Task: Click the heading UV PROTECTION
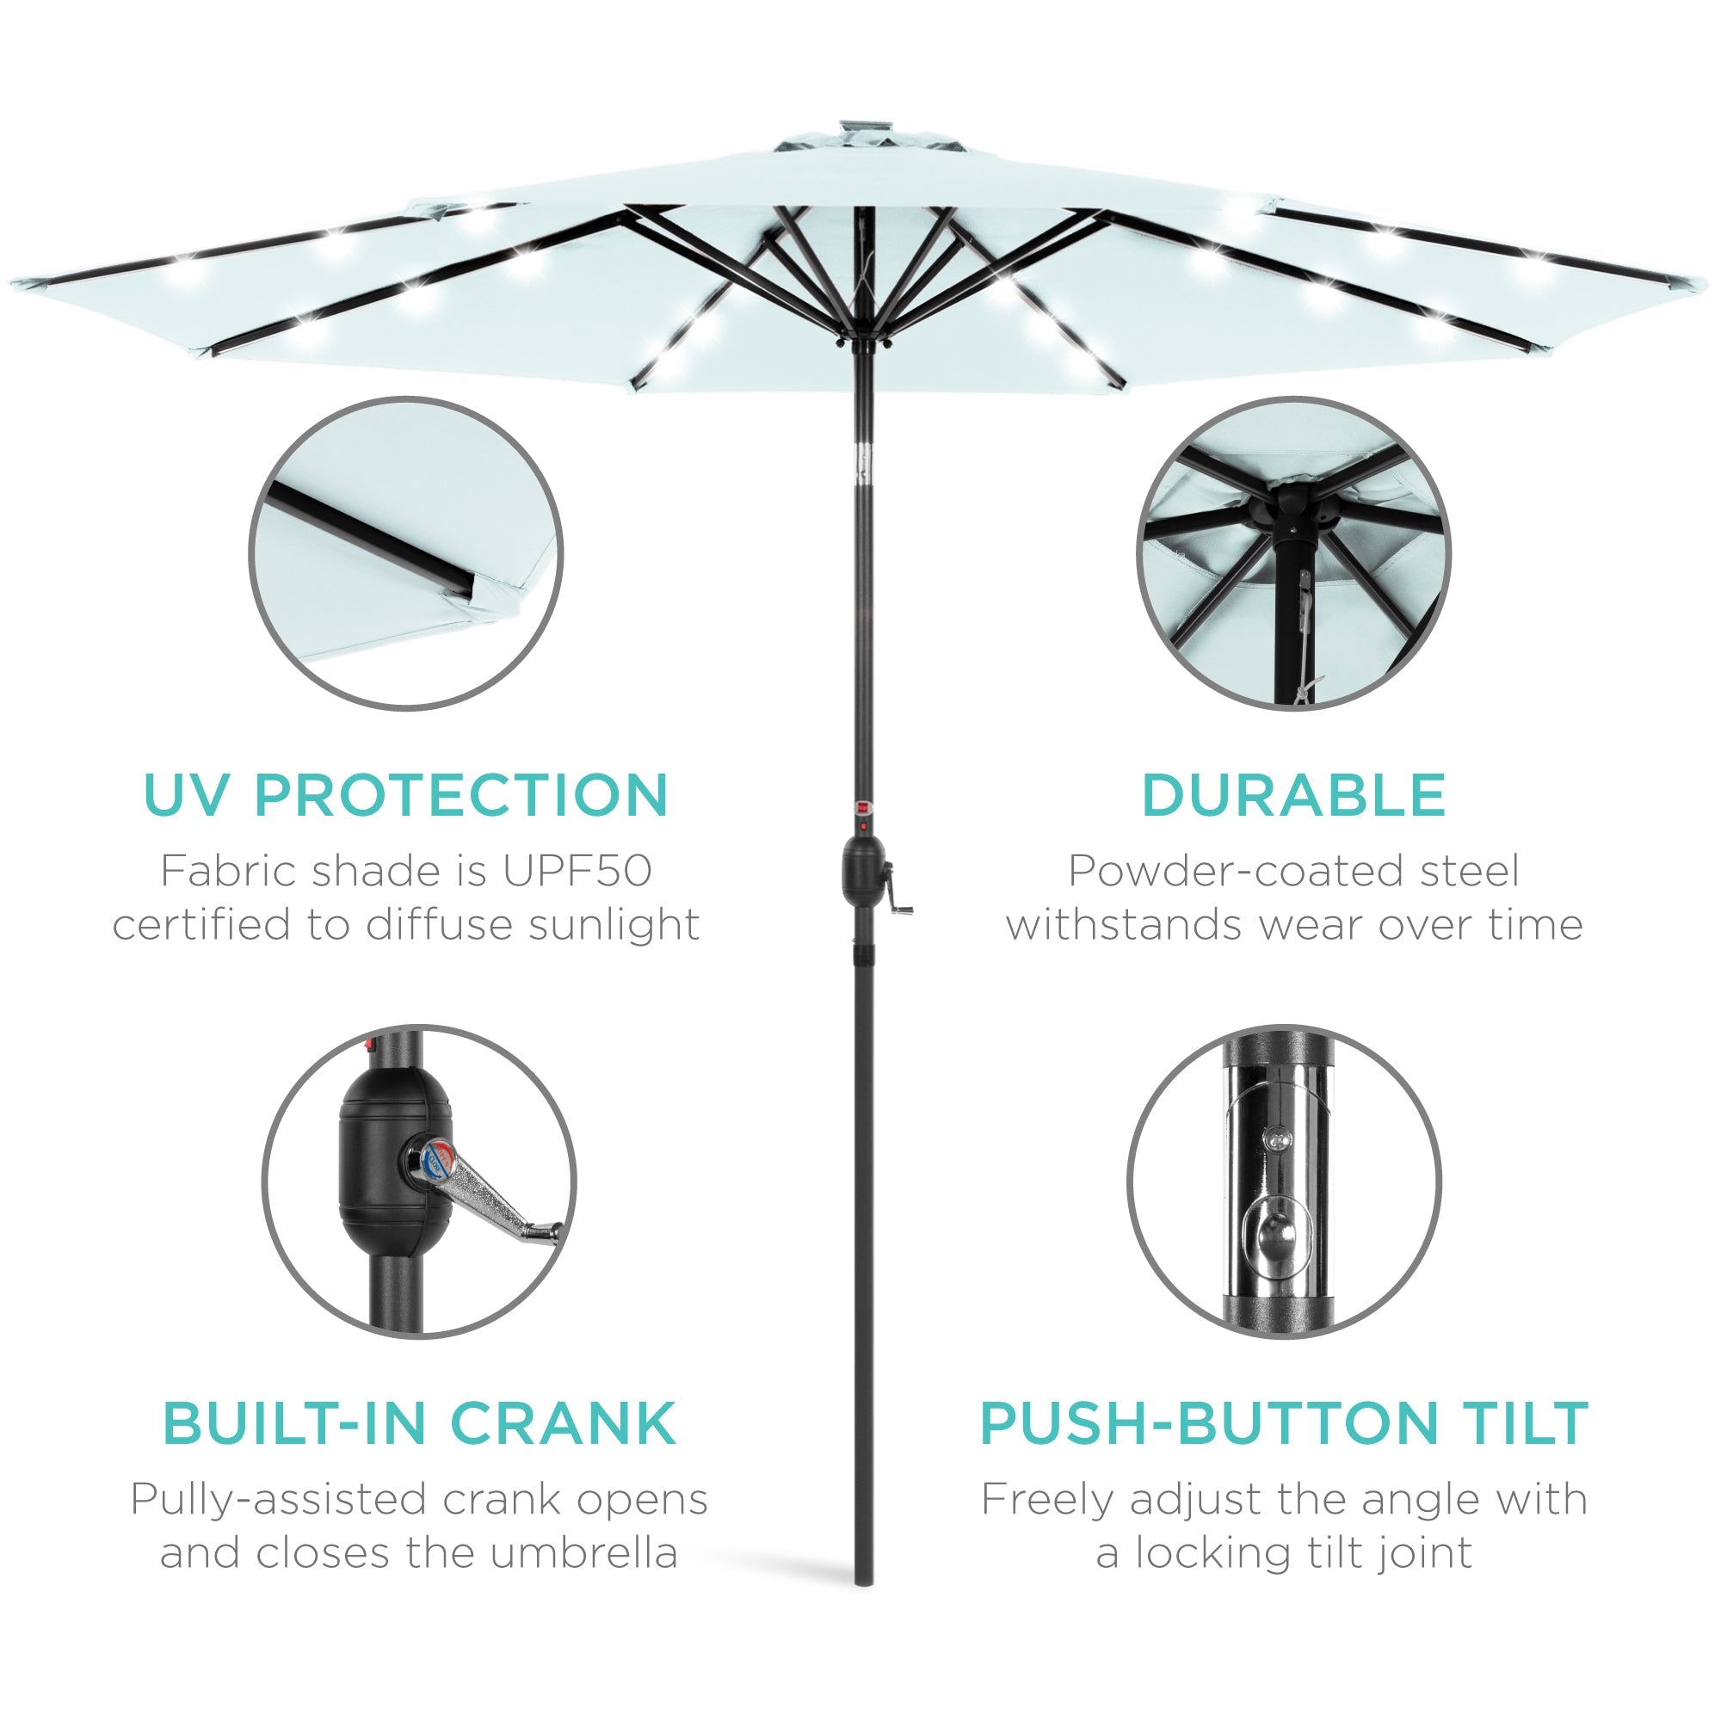[405, 795]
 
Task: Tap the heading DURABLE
[1293, 795]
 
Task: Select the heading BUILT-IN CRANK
[419, 1423]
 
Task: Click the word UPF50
[577, 871]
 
